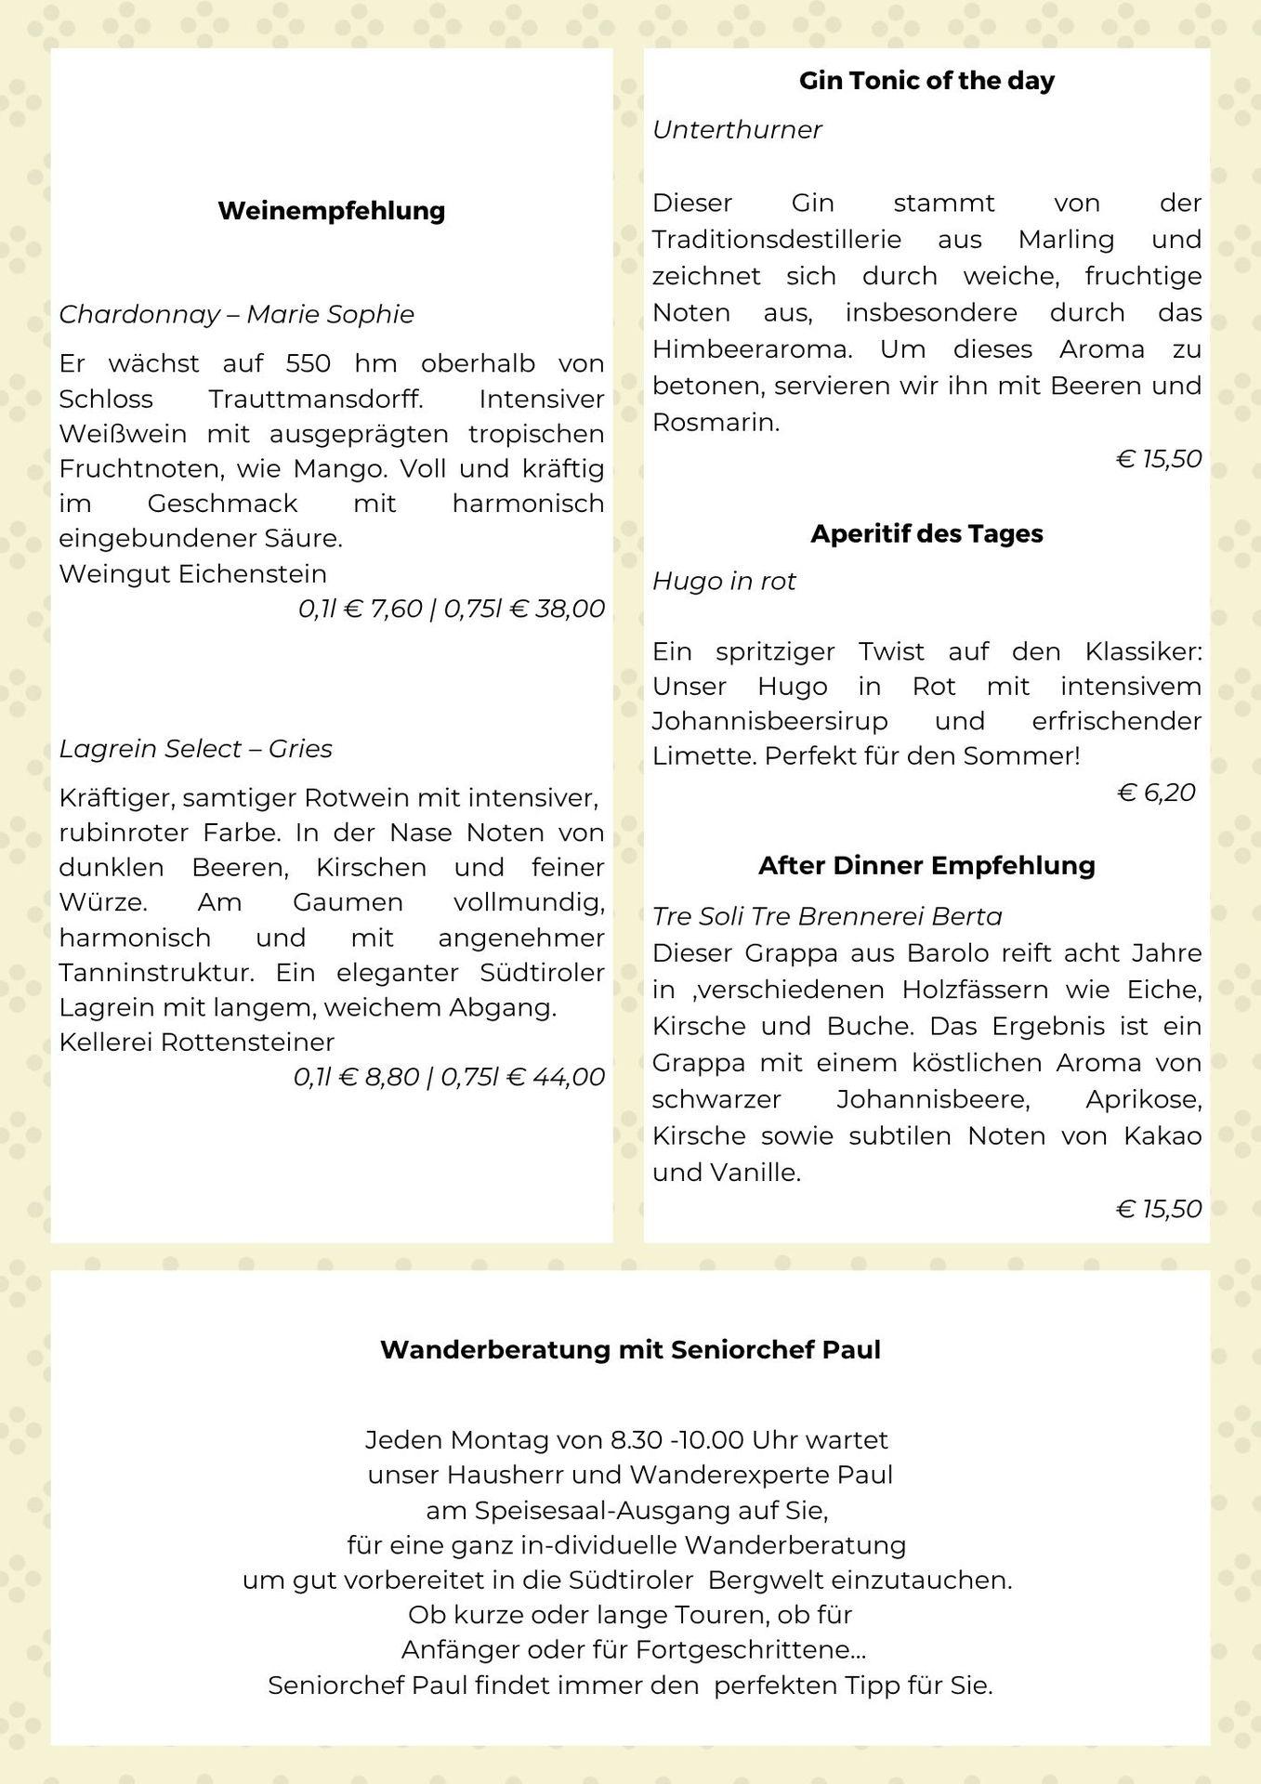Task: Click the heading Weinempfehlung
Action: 332,211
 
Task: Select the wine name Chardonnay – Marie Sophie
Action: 236,314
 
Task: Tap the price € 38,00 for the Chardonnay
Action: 558,609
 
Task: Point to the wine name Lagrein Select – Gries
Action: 195,749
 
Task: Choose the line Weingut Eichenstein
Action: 192,573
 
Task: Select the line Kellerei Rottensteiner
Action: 196,1042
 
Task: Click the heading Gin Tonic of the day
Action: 926,81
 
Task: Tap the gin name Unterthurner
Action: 737,129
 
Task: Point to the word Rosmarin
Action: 716,423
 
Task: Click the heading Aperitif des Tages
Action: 926,533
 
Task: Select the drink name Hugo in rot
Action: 724,582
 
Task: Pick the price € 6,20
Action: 1156,793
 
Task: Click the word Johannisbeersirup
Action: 769,721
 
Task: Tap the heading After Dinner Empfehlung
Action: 926,865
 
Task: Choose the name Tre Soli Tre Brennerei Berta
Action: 827,916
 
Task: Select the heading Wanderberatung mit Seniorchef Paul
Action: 630,1349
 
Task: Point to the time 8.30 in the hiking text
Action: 636,1440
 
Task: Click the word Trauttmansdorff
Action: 316,400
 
